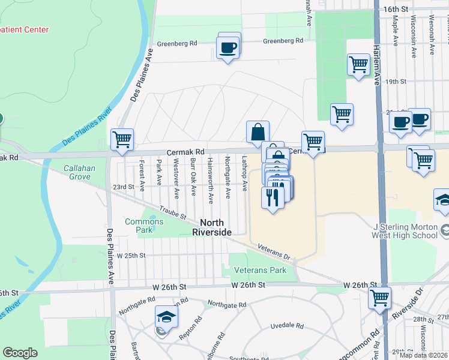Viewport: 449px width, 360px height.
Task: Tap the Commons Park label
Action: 144,226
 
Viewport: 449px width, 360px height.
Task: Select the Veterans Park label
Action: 260,270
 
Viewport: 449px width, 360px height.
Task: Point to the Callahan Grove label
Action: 80,173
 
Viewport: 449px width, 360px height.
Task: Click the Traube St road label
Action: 174,212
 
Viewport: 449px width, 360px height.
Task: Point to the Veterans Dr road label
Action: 274,251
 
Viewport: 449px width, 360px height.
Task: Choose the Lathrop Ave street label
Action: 244,174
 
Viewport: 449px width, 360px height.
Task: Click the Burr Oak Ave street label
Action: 193,178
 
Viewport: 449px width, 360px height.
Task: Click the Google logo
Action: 20,353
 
